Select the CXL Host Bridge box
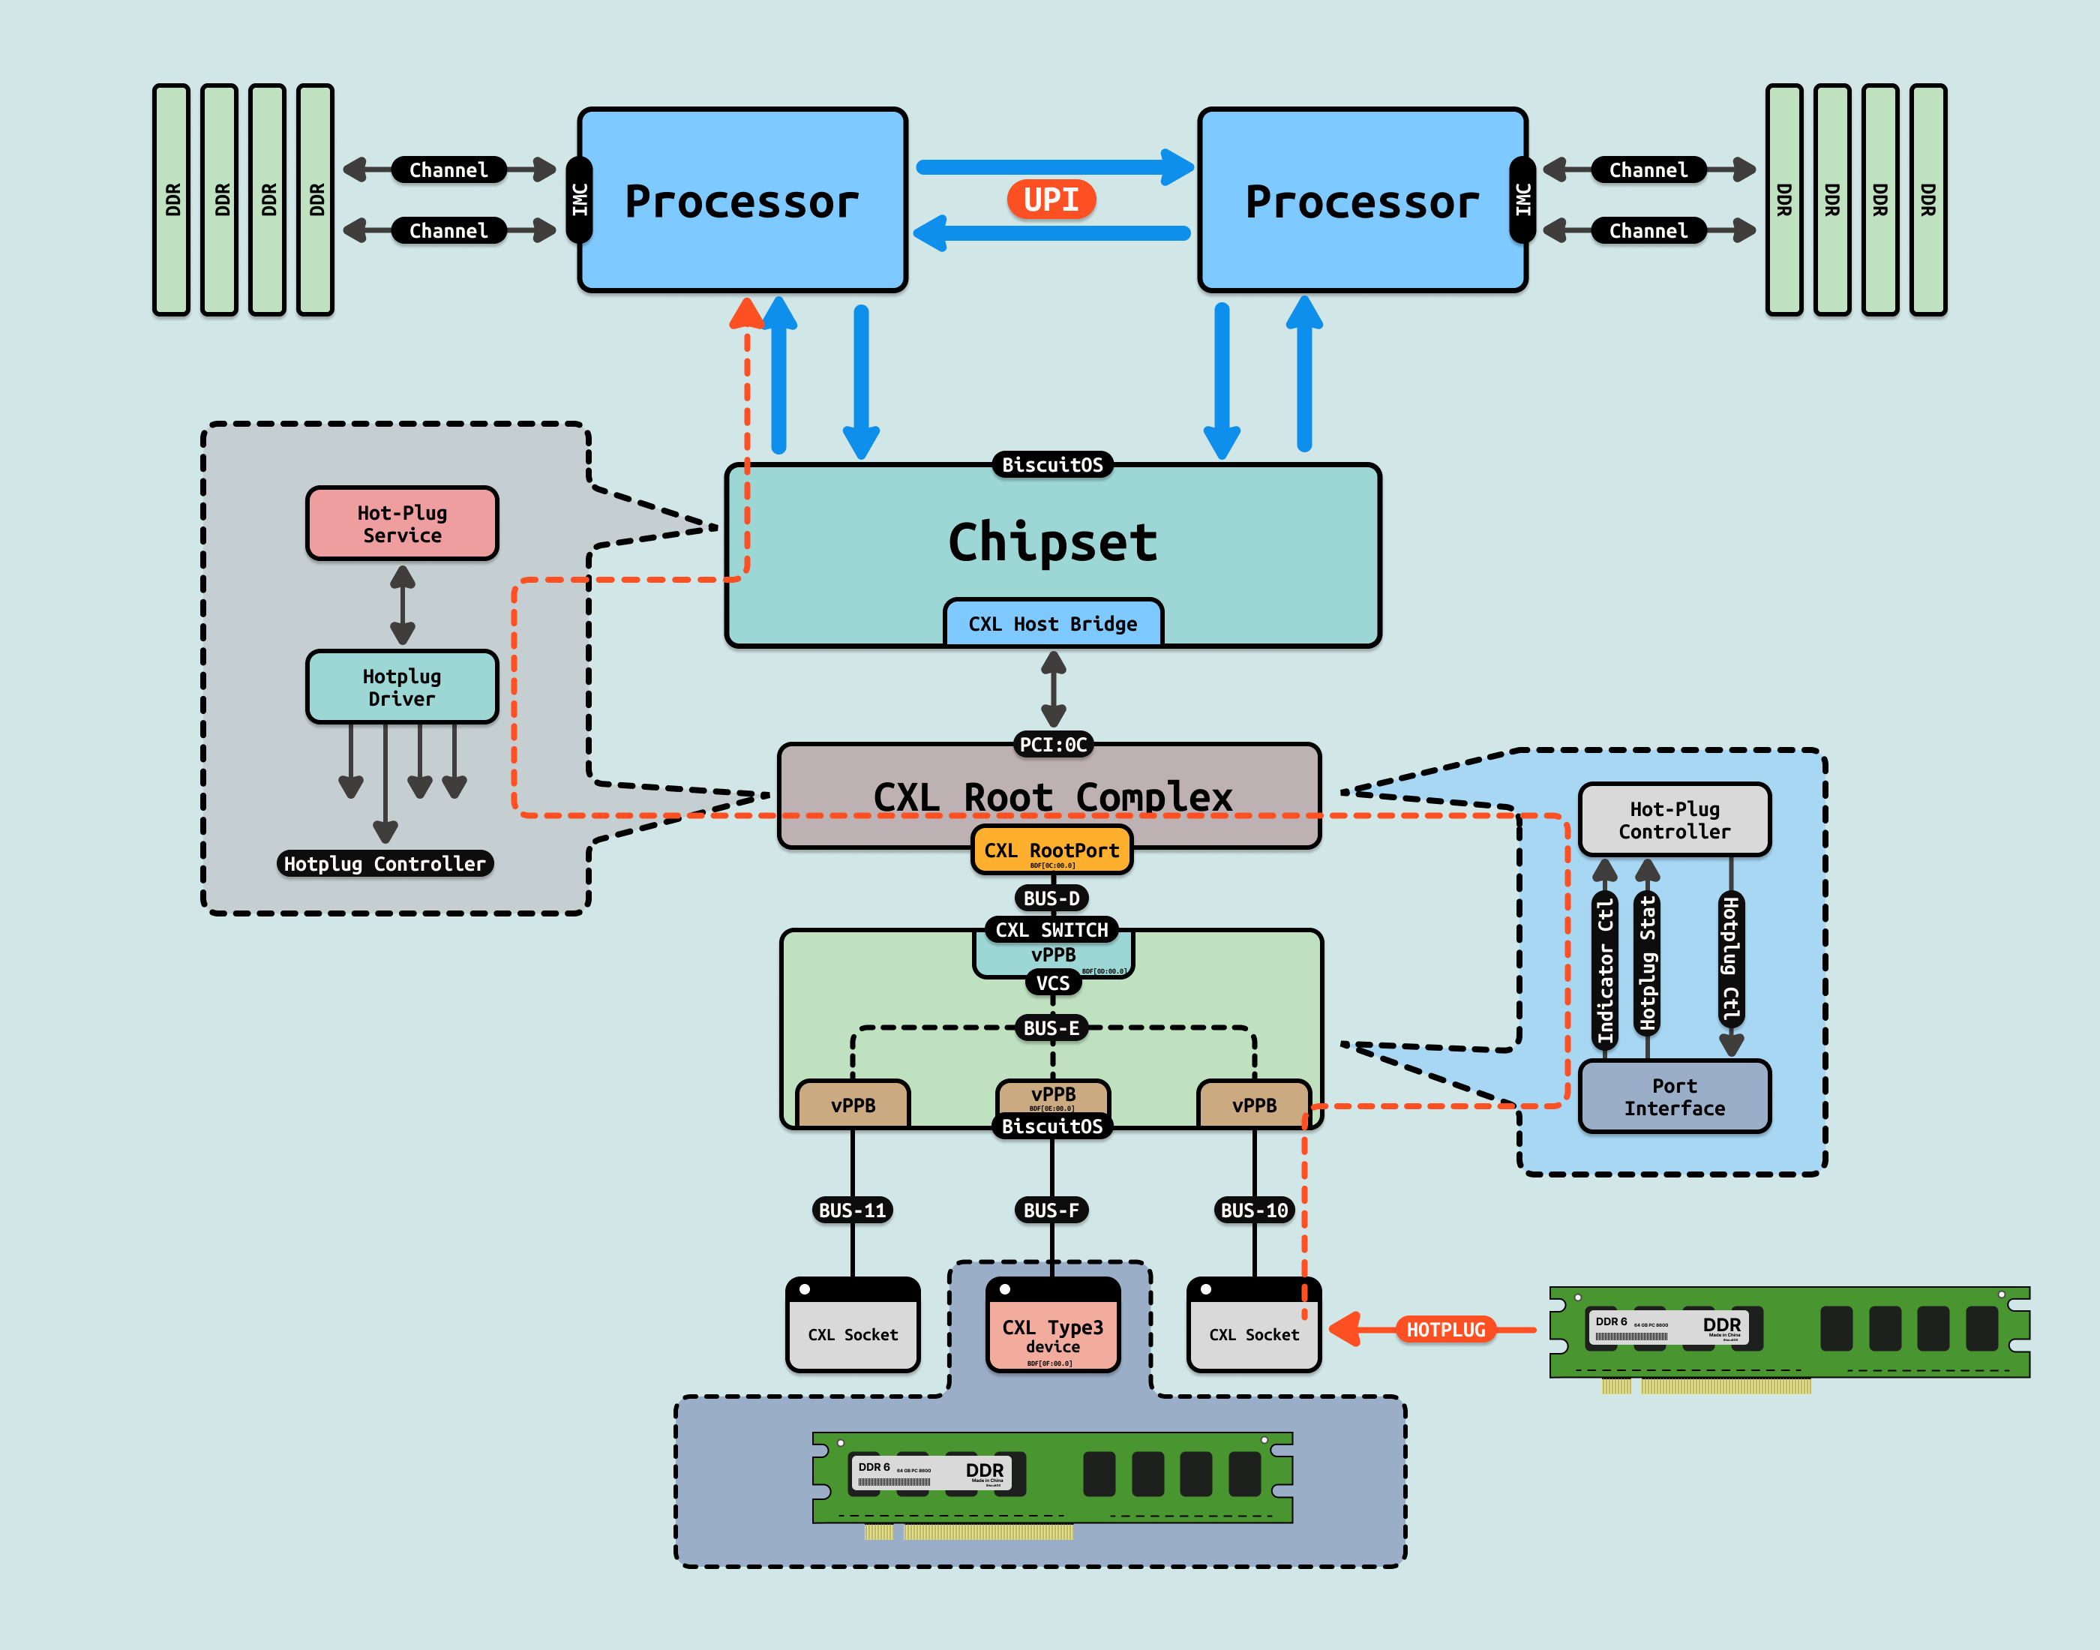(1053, 623)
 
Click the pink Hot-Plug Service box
(402, 523)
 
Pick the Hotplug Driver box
(402, 687)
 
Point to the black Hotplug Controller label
(385, 864)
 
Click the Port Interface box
(1674, 1096)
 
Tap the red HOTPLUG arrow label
(1445, 1329)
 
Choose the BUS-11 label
(852, 1210)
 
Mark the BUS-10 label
(1254, 1210)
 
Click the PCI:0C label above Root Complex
(1053, 745)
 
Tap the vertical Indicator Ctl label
(1604, 970)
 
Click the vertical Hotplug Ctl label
(1731, 959)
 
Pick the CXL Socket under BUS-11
(852, 1325)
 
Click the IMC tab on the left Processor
(580, 200)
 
